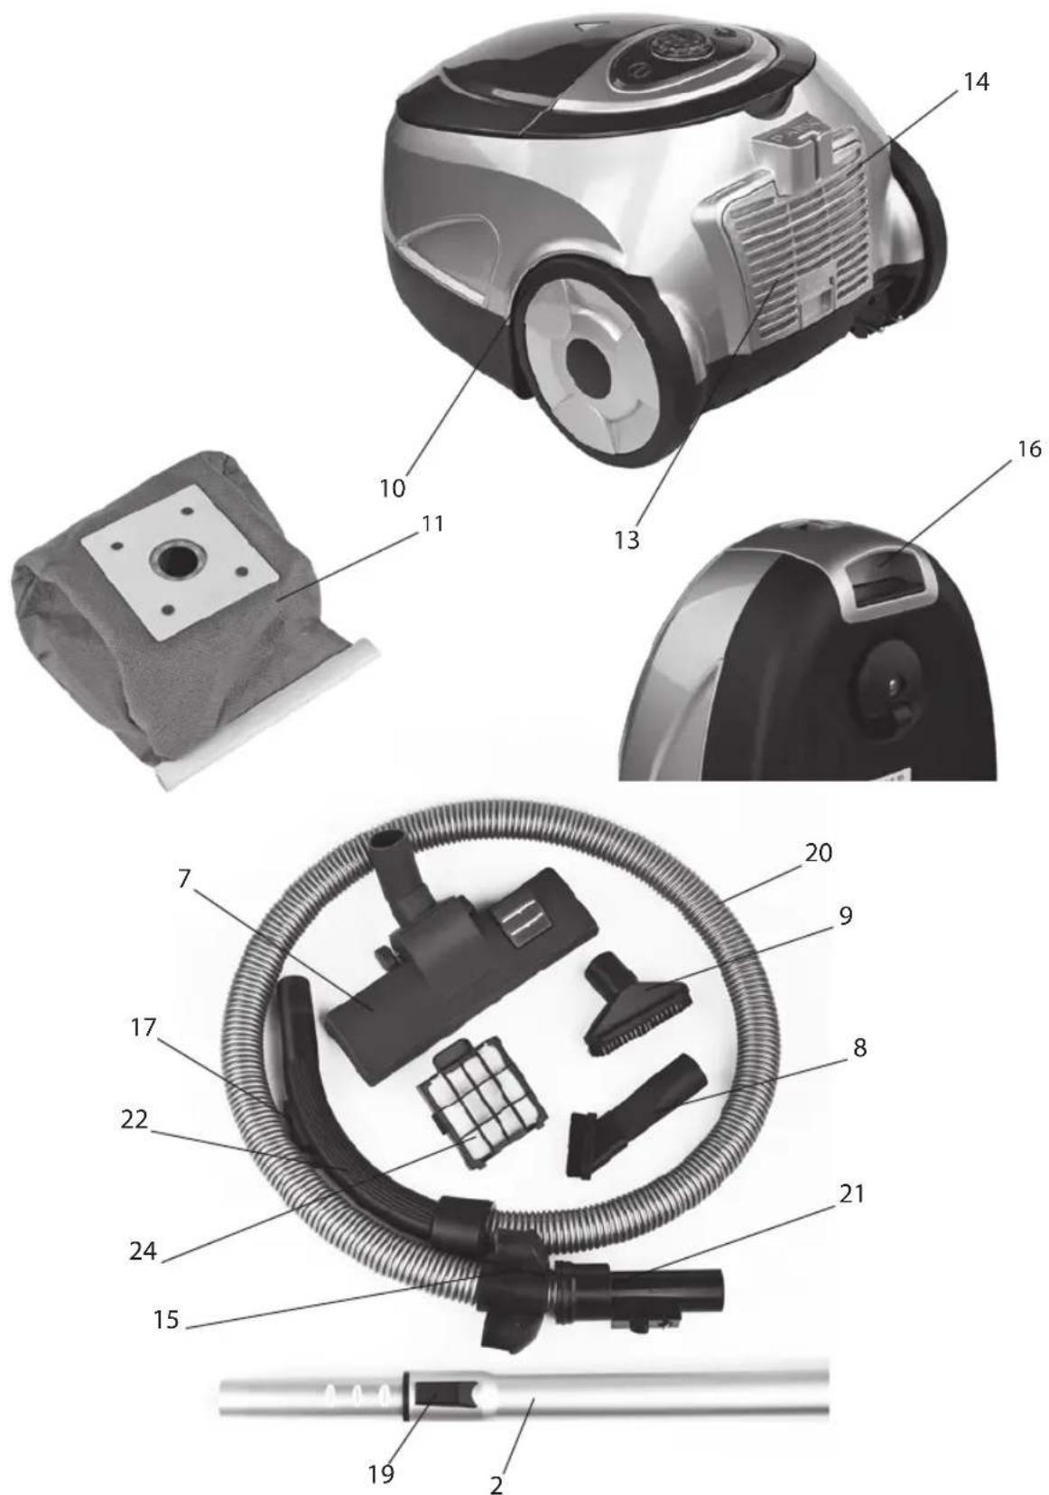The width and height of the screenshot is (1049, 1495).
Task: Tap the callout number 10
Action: pos(393,488)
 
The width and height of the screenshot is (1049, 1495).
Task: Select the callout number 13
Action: pos(627,540)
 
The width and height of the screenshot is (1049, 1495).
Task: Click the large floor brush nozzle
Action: pos(460,961)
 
